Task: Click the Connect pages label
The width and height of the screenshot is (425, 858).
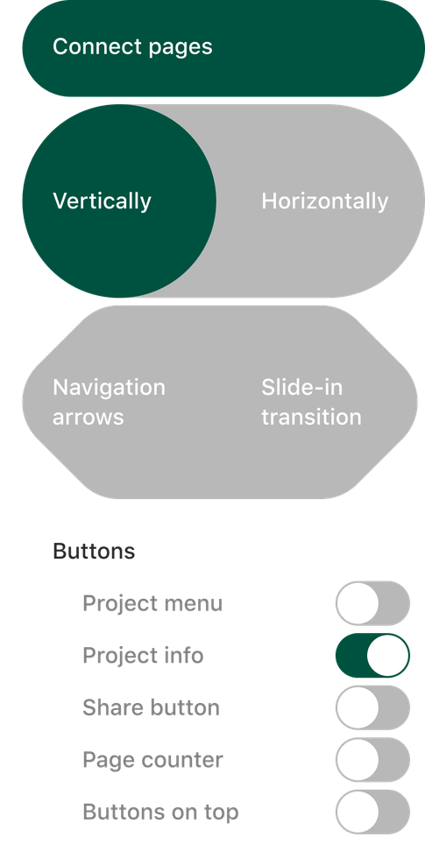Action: coord(132,47)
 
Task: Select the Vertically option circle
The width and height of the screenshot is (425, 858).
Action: coord(119,200)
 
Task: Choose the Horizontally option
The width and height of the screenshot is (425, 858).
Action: coord(325,200)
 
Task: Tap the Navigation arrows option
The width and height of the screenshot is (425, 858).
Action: coord(109,402)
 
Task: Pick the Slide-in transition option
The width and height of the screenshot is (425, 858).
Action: coord(311,402)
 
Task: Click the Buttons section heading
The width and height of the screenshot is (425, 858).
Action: coord(94,551)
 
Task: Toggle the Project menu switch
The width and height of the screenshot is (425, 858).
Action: coord(373,603)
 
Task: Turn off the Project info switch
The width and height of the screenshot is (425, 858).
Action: coord(373,655)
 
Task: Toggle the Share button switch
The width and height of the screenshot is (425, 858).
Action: coord(373,707)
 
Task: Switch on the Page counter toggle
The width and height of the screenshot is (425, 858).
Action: coord(373,760)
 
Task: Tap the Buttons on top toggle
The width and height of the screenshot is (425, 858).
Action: coord(373,812)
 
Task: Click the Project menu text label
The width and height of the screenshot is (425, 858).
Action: coord(152,603)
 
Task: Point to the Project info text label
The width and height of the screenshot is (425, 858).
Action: coord(143,656)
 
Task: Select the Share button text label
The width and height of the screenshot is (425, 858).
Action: coord(151,707)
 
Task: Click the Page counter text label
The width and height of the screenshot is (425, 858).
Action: coord(152,760)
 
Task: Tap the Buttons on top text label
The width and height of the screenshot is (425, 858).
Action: coord(160,812)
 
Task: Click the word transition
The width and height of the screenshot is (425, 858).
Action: coord(311,417)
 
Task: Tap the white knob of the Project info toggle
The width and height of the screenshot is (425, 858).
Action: coord(388,655)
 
